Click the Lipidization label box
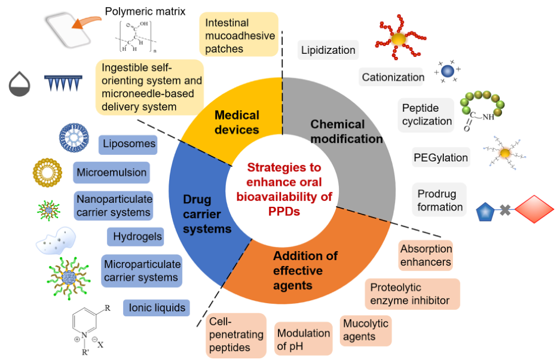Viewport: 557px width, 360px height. [328, 50]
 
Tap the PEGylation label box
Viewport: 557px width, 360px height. [441, 157]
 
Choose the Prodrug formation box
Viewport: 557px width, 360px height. [439, 200]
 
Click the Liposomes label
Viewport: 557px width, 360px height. [128, 144]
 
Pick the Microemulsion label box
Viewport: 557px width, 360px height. [112, 173]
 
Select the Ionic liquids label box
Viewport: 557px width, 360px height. [157, 307]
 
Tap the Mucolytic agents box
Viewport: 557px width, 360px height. [366, 330]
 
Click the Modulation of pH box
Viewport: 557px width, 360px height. [304, 338]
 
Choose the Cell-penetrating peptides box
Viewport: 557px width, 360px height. [236, 335]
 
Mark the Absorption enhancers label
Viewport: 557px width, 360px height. [426, 255]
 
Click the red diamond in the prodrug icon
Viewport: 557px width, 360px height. [534, 209]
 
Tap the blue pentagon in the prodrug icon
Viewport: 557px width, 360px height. [485, 212]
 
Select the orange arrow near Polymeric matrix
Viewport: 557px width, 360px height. [85, 22]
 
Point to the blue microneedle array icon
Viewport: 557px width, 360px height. [63, 83]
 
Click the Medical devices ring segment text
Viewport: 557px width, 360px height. [237, 122]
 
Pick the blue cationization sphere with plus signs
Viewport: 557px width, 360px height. [448, 71]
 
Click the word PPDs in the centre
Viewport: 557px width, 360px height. [284, 212]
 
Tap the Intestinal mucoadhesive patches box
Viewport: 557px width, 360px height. [238, 35]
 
